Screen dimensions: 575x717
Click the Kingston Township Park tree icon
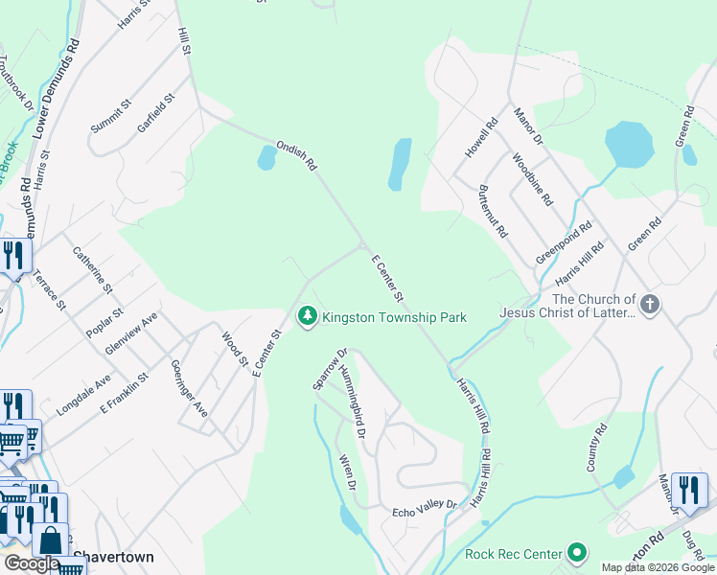coord(308,316)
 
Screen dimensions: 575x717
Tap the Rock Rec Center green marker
coord(577,553)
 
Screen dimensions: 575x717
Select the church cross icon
coord(650,305)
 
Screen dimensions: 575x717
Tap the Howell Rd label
coord(482,137)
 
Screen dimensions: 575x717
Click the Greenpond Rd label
coord(564,243)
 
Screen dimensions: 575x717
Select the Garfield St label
coord(156,112)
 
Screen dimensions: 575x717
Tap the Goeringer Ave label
coord(188,388)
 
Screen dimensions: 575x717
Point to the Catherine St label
coord(93,270)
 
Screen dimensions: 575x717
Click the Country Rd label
coord(598,448)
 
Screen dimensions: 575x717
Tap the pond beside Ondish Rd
coord(267,157)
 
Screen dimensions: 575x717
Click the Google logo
coord(32,563)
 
